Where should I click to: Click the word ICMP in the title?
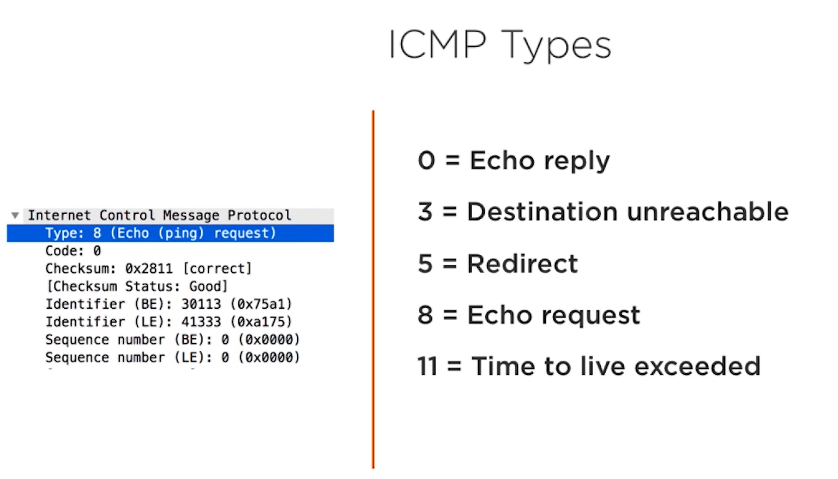coord(437,45)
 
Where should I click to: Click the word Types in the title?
coord(556,46)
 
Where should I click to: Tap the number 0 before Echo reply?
coord(426,160)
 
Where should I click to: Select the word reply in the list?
coord(576,162)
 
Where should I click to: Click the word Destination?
coord(542,212)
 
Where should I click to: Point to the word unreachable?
coord(708,212)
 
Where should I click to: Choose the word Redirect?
coord(523,264)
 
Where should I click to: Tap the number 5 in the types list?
coord(425,264)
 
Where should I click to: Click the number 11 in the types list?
coord(427,366)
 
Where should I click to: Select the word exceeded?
coord(697,366)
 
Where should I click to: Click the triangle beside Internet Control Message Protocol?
coord(15,215)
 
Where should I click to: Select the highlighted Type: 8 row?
coord(170,233)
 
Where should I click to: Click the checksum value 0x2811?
coord(149,268)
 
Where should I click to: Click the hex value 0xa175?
coord(261,322)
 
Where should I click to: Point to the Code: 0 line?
coord(73,250)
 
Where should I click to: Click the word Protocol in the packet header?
coord(259,215)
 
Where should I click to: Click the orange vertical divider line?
coord(373,289)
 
